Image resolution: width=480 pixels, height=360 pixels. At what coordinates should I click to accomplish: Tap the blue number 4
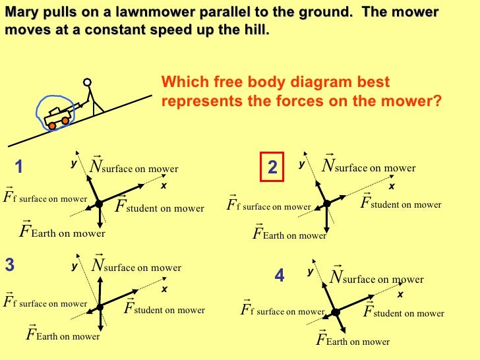[279, 276]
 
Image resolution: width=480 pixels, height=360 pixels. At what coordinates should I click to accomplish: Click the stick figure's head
[88, 83]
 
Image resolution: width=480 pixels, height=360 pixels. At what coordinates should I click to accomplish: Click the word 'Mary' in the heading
[22, 13]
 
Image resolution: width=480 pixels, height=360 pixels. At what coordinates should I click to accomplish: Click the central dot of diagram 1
[99, 204]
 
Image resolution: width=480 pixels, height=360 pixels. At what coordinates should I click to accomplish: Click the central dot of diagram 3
[100, 306]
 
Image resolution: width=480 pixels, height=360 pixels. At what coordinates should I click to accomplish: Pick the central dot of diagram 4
[335, 311]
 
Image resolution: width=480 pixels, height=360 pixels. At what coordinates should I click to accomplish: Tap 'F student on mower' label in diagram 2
[401, 203]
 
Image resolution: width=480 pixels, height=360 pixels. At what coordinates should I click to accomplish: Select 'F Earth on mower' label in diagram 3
[63, 335]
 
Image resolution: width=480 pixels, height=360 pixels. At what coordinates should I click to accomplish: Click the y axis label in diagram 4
[310, 272]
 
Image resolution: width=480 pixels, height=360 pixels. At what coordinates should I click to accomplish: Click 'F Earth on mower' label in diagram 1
[63, 231]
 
